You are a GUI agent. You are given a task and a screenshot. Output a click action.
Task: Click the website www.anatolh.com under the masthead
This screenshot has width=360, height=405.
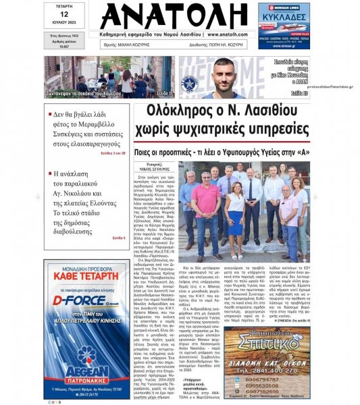[x=232, y=34]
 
